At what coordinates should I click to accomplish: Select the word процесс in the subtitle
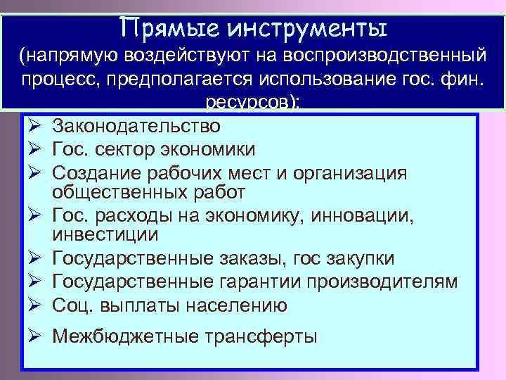click(x=60, y=79)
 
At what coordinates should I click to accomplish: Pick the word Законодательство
click(x=136, y=127)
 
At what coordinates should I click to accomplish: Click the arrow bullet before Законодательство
click(x=35, y=127)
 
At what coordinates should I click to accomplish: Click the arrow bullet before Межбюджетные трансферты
click(x=35, y=336)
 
